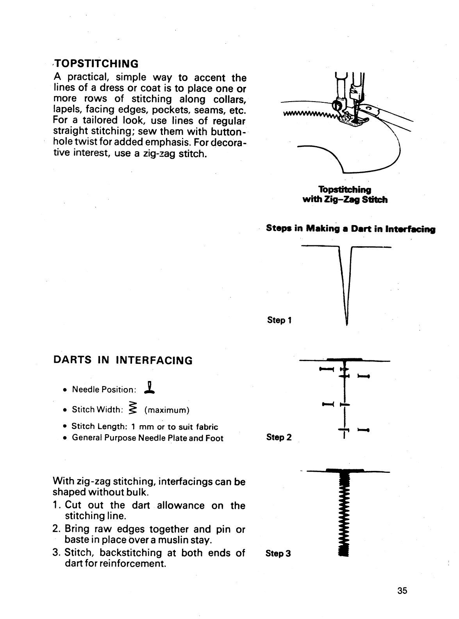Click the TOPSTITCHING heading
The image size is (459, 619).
(x=96, y=63)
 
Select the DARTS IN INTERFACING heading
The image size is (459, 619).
(x=123, y=360)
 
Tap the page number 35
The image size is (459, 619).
(x=402, y=590)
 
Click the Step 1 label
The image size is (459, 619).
(x=279, y=320)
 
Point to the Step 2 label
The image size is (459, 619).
(x=279, y=437)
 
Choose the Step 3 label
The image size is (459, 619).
(x=278, y=553)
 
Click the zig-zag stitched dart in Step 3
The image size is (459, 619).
(x=343, y=516)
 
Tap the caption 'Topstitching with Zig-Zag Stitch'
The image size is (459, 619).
(x=345, y=195)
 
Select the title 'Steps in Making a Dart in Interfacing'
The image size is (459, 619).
(x=350, y=229)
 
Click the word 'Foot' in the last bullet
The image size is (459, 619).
(x=214, y=438)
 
